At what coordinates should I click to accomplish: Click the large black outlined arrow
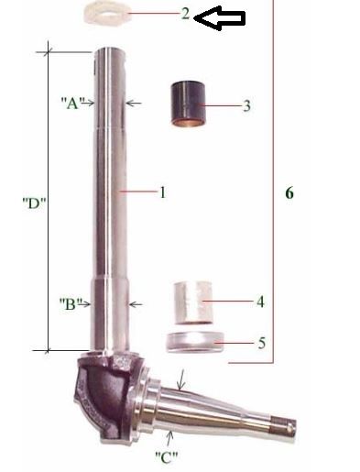219,18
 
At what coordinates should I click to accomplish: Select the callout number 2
185,14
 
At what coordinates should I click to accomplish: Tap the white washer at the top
108,13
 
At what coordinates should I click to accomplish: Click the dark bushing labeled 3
188,104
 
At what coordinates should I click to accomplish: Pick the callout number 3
246,106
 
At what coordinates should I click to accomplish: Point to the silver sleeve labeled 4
193,302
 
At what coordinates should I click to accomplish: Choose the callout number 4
260,302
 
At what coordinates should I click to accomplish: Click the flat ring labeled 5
194,342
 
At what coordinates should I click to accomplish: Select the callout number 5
262,343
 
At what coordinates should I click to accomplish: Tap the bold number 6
289,193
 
